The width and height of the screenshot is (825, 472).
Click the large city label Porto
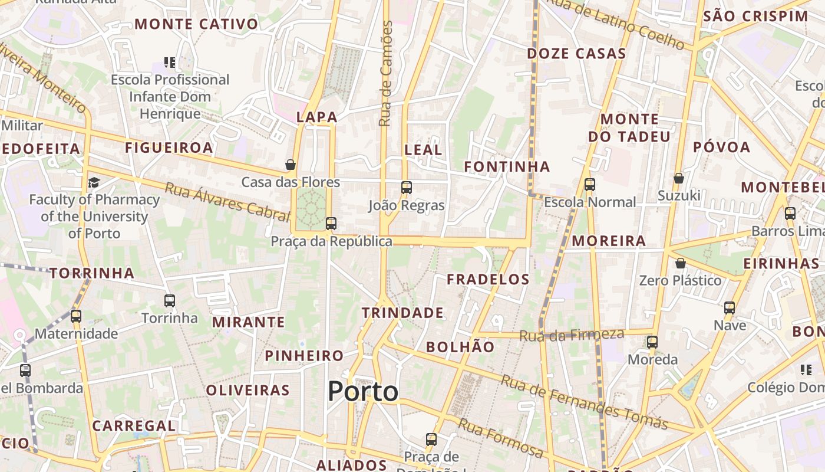click(362, 391)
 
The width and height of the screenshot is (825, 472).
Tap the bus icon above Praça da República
click(331, 224)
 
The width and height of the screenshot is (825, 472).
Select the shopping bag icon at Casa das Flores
click(291, 165)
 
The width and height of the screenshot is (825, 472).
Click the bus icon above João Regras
click(406, 188)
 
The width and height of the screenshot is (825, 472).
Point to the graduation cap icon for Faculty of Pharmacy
click(94, 182)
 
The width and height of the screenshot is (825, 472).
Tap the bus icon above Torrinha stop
click(170, 301)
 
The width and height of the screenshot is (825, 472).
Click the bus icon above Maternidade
click(76, 316)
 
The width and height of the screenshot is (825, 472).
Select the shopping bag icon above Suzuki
click(679, 178)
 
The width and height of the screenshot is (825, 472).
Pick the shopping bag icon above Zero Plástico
click(681, 263)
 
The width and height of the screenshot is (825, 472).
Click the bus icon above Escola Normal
click(590, 185)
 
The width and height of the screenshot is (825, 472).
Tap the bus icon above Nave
click(730, 308)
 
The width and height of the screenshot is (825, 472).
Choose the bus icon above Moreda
click(652, 342)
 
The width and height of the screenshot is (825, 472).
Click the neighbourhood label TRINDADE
click(402, 313)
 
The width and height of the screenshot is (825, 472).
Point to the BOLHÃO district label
click(460, 347)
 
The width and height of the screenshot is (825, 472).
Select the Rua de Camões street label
click(386, 74)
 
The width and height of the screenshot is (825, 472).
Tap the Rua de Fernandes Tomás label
click(584, 402)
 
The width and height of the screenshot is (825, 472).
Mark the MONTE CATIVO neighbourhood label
click(196, 24)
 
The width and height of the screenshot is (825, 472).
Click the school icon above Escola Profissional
click(170, 62)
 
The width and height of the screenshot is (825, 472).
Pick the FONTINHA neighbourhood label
click(507, 167)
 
